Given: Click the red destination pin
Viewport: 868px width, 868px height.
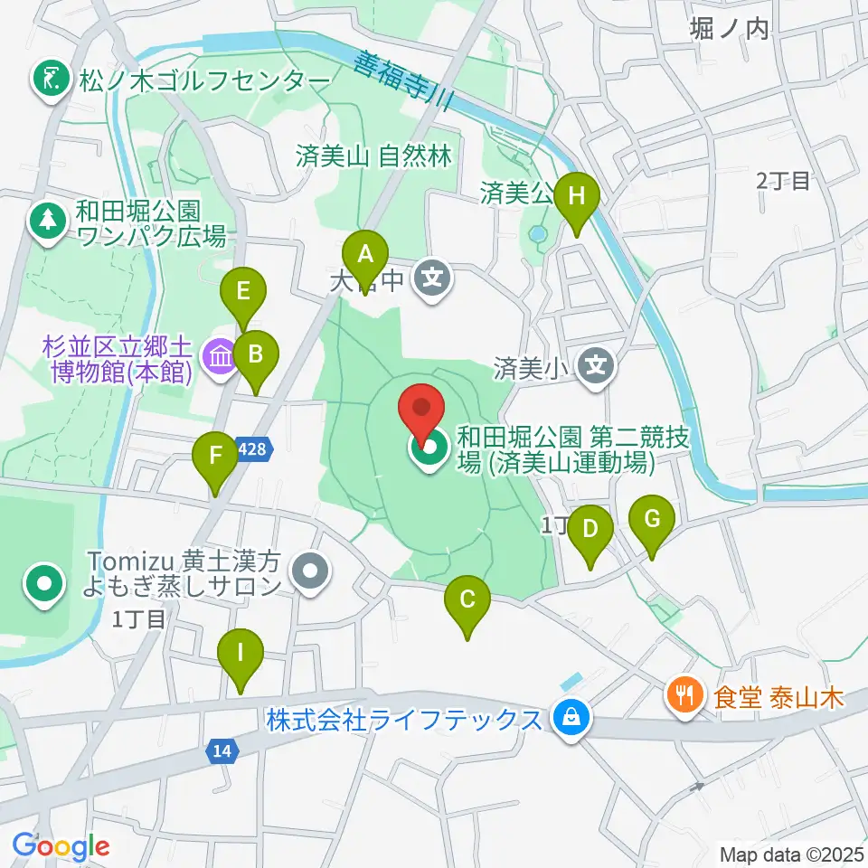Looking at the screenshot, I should pyautogui.click(x=422, y=412).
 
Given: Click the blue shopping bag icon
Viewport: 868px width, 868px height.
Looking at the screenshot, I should pyautogui.click(x=571, y=719).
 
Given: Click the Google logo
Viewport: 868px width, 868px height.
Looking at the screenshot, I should pyautogui.click(x=61, y=846).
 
